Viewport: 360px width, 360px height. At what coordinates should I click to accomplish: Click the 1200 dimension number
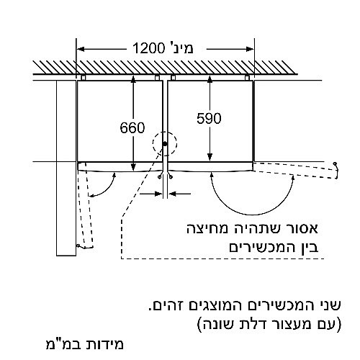coord(148,48)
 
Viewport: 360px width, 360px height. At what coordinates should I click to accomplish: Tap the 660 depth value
coord(132,127)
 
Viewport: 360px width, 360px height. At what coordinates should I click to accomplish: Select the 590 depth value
coord(209,118)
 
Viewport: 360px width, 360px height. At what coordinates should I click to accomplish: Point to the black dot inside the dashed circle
coord(165,144)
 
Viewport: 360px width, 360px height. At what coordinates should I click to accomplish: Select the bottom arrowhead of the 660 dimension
coord(133,167)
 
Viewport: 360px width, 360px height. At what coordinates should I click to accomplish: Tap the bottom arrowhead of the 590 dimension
coord(210,157)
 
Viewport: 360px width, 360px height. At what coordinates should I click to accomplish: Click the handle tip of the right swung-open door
coord(336,163)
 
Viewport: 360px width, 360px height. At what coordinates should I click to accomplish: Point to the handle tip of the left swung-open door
coord(78,246)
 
